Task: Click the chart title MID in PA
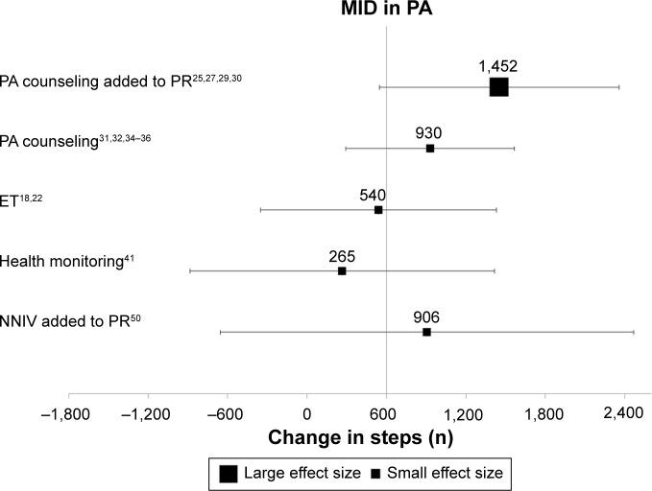point(387,11)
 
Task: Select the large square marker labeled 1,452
point(498,87)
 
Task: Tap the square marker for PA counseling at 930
point(430,149)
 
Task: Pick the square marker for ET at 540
point(378,210)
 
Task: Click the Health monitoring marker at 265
point(342,271)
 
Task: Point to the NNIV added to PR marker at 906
point(426,332)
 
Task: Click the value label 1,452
point(498,66)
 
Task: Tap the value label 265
point(342,256)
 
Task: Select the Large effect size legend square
point(229,472)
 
